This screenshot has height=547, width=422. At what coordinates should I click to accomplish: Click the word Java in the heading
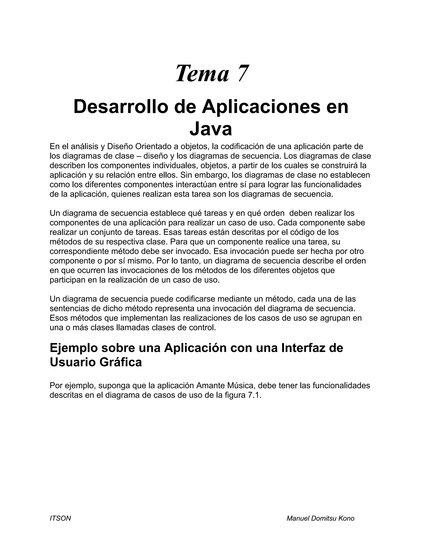211,129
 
